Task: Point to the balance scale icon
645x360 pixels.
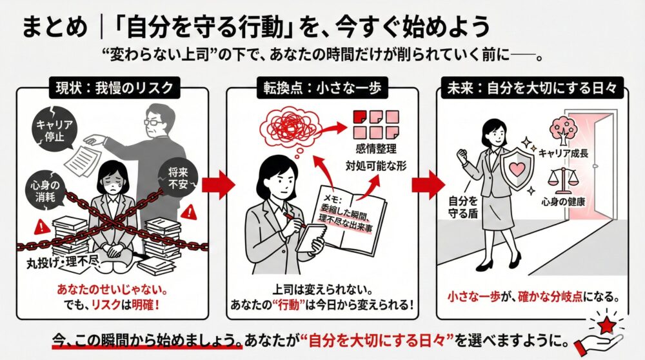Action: (560, 180)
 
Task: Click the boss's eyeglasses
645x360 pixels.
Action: (154, 122)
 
